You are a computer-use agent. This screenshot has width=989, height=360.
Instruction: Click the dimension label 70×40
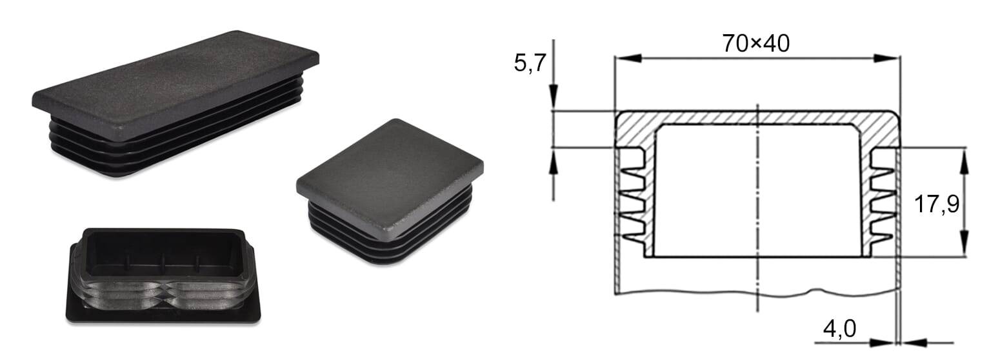tap(756, 44)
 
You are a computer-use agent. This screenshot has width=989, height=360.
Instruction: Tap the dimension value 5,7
tap(530, 63)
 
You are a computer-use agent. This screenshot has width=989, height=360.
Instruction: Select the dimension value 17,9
tap(937, 205)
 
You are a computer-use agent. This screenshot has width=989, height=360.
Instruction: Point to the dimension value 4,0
tap(839, 329)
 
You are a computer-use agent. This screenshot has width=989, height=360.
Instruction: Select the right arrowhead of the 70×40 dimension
tap(886, 58)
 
